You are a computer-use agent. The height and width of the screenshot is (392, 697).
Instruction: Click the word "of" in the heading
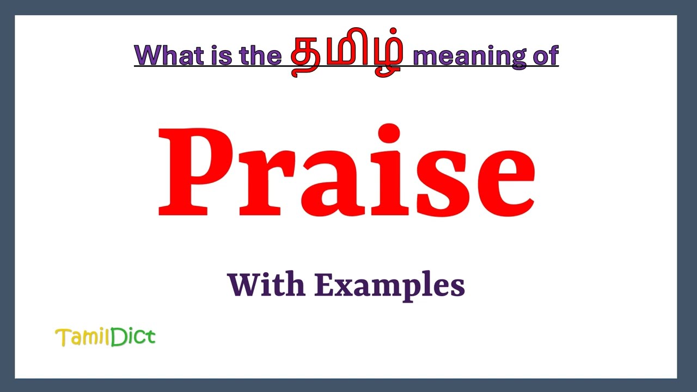point(545,55)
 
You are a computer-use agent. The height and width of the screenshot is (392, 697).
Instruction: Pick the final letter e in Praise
point(502,182)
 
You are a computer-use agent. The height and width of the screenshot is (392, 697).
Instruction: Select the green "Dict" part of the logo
point(133,337)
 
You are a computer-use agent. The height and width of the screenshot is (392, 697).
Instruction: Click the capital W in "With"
point(242,284)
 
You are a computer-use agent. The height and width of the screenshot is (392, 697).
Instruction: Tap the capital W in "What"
point(146,55)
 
